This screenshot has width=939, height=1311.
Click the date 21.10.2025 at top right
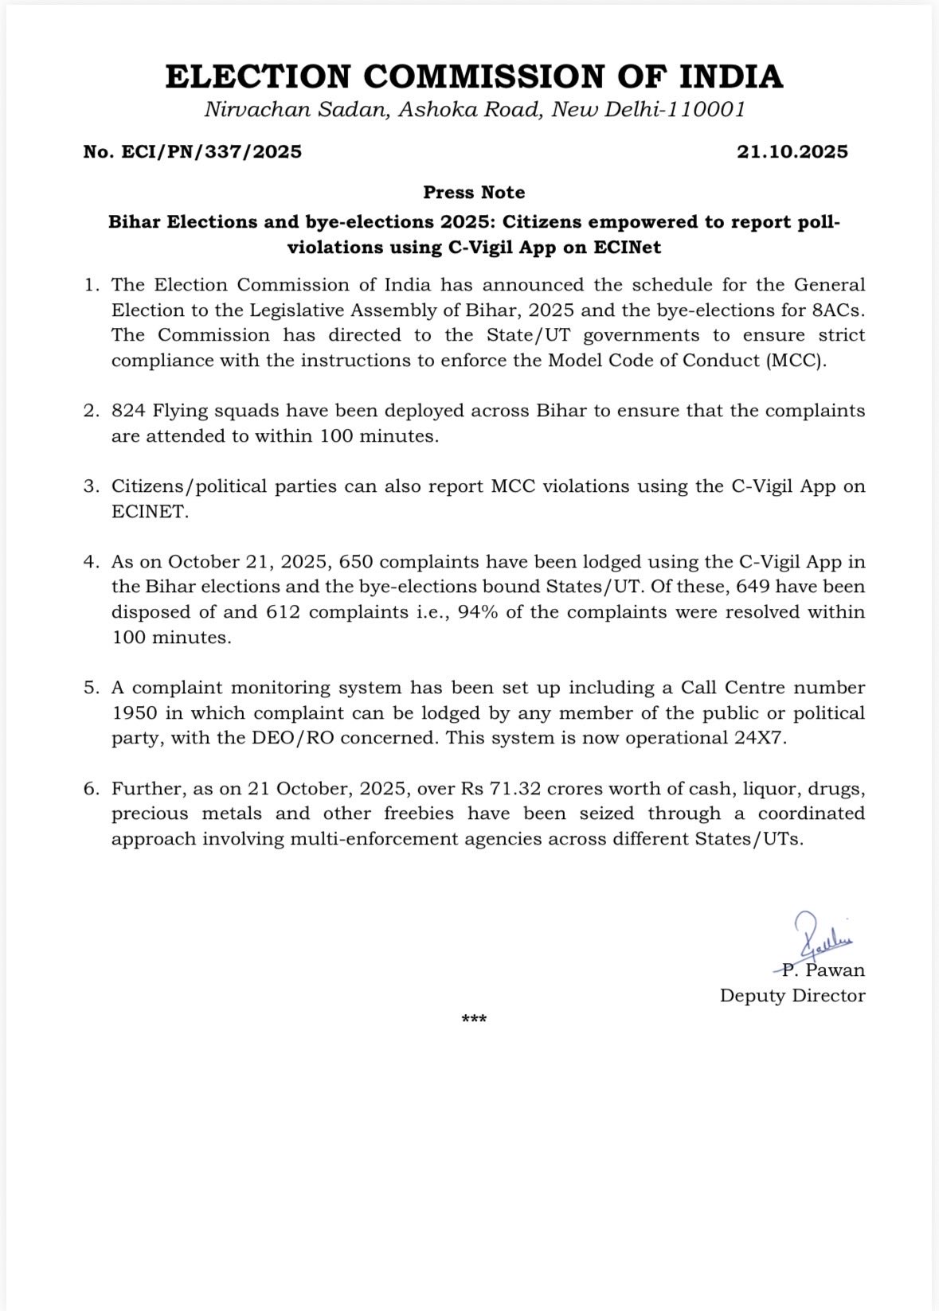click(792, 152)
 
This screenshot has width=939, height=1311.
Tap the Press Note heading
click(474, 193)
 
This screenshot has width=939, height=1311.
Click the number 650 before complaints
click(355, 562)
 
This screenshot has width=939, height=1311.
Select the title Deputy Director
click(792, 996)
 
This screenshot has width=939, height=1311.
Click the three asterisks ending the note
click(474, 1020)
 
